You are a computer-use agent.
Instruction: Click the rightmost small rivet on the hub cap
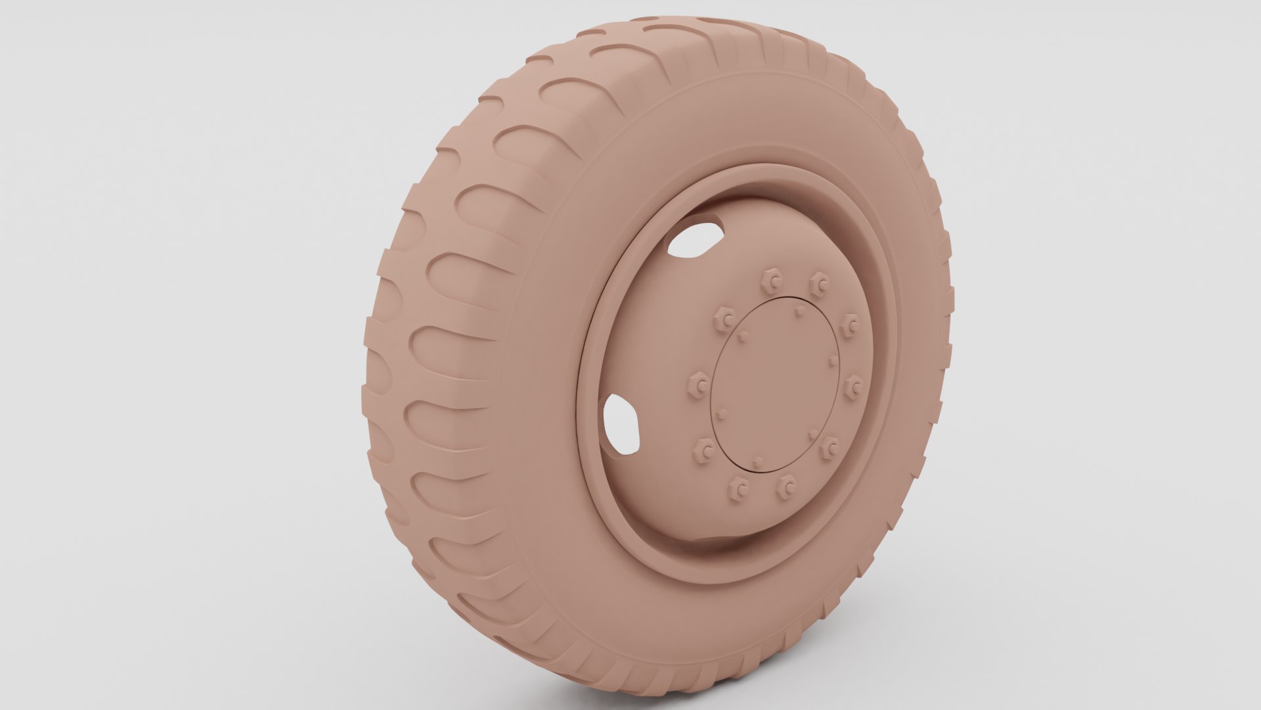[x=833, y=360]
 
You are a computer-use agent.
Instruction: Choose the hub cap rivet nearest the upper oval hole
[x=742, y=336]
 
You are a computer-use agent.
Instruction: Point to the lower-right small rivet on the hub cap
[x=813, y=432]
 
